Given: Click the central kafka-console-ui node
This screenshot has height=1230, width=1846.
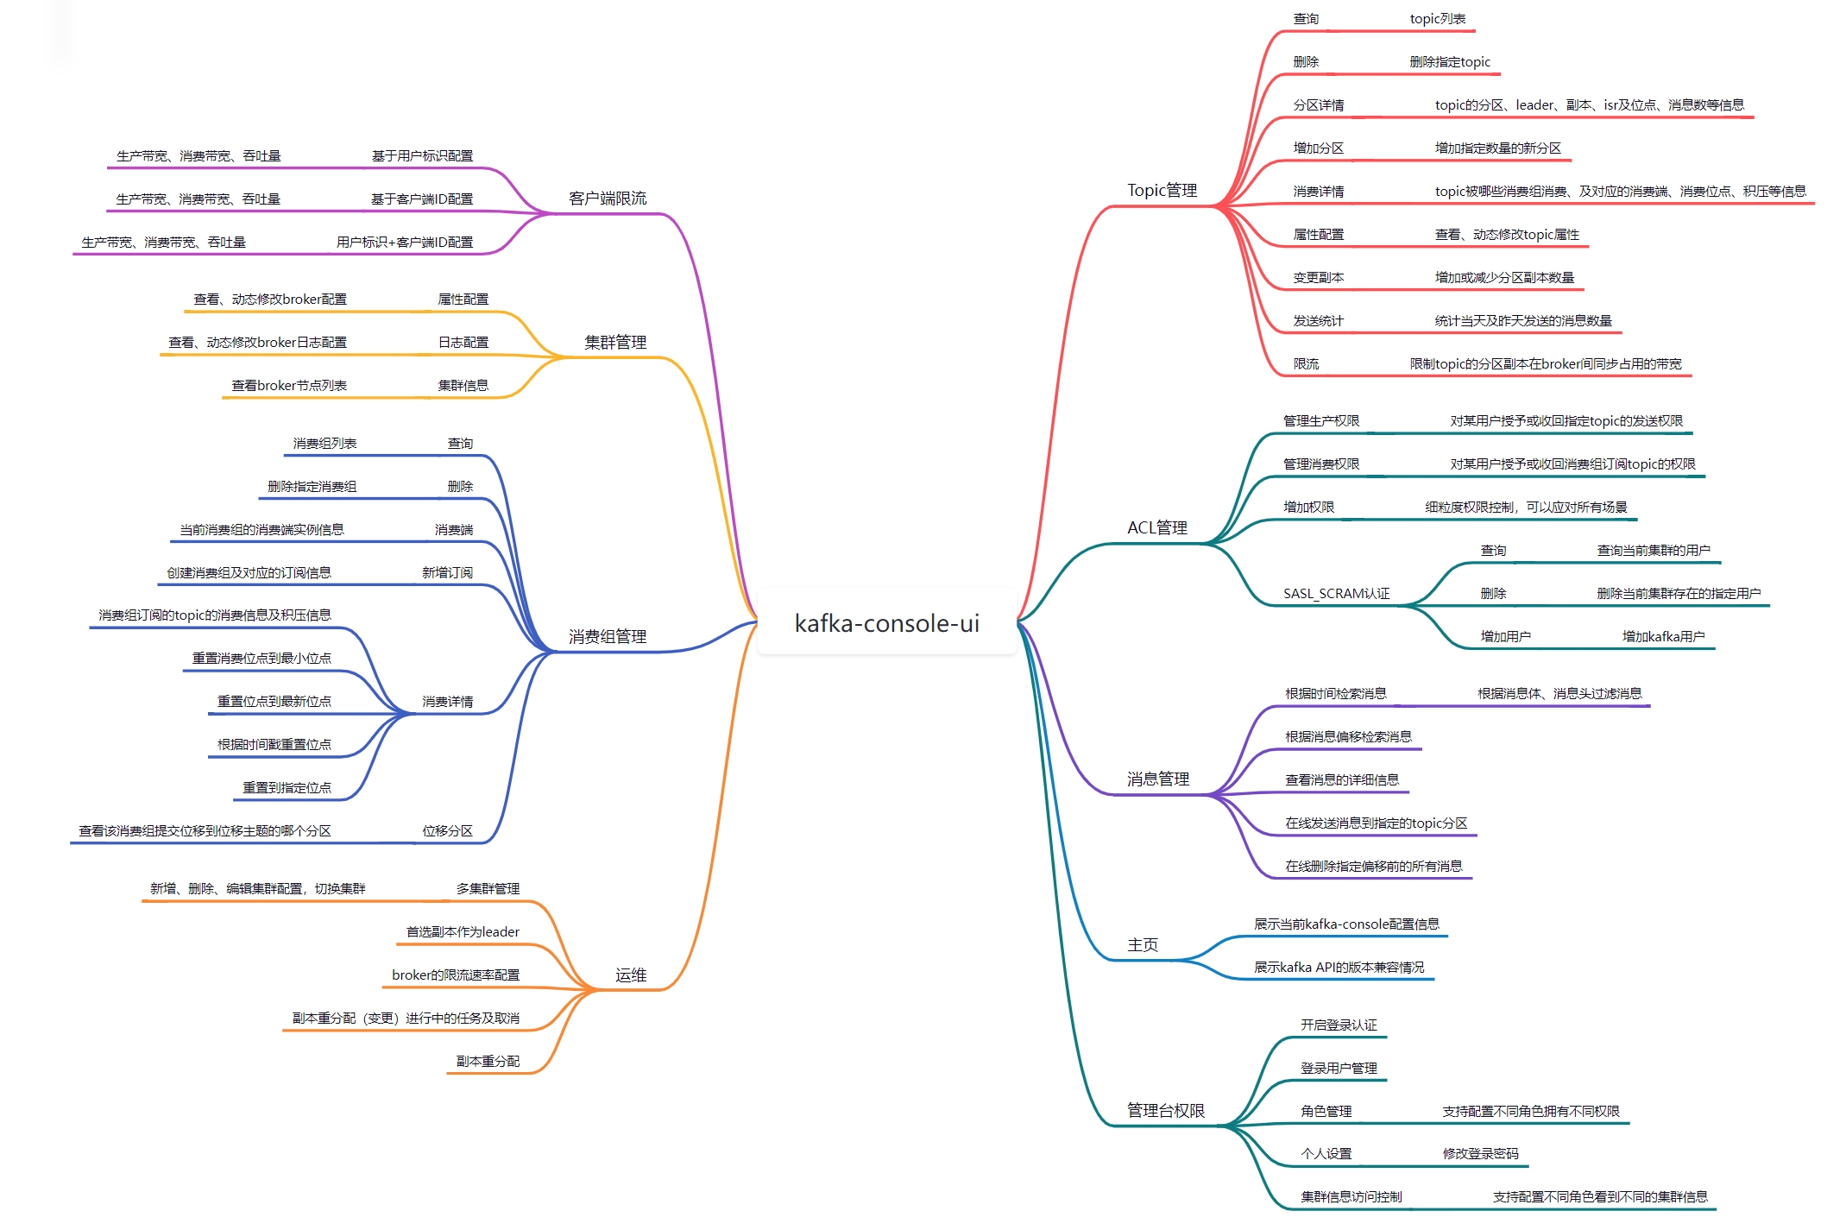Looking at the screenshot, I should click(x=886, y=623).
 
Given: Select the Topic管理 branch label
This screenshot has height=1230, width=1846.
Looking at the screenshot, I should click(x=1162, y=190).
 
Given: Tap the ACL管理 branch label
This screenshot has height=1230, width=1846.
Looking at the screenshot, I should click(x=1156, y=527).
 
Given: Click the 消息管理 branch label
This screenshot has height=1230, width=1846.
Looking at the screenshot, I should click(x=1157, y=779).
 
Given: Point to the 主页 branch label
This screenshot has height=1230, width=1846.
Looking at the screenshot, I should click(x=1142, y=944).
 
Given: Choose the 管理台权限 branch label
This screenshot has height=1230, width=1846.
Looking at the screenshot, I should click(x=1165, y=1110).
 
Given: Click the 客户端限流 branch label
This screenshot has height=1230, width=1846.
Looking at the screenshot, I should click(x=608, y=199).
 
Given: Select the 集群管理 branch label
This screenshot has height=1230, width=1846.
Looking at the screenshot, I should click(x=615, y=342).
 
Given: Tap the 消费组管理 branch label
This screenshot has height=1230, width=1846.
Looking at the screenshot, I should click(x=608, y=636).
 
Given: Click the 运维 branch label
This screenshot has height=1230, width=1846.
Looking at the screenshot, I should click(x=631, y=975).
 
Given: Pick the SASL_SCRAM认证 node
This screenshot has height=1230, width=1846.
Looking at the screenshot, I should click(x=1336, y=593).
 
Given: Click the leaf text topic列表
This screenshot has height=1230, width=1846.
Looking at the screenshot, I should click(x=1437, y=19).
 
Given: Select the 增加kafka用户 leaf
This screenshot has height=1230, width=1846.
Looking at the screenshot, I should click(x=1663, y=636).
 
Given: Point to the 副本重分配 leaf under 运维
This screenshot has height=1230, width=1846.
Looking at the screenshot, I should click(x=488, y=1061).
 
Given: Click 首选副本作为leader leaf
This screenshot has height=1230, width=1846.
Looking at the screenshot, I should click(x=463, y=931).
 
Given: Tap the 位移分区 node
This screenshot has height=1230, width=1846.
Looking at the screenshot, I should click(x=447, y=830).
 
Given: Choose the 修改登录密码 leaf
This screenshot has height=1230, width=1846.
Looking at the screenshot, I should click(x=1480, y=1153).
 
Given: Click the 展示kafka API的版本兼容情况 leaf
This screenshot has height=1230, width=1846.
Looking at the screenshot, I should click(x=1339, y=967).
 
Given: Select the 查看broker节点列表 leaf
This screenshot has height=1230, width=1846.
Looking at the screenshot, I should click(x=289, y=385).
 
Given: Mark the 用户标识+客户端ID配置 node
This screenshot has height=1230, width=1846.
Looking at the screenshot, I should click(x=405, y=242).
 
